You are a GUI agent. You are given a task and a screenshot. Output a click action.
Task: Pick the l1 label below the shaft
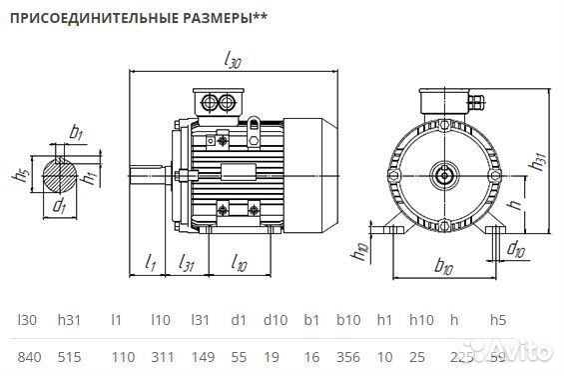click(x=150, y=263)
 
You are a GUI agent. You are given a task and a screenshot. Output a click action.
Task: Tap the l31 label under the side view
click(x=185, y=263)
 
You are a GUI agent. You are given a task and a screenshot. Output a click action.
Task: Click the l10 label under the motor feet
click(x=239, y=263)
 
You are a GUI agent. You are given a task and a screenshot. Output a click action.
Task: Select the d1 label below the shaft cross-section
click(x=61, y=207)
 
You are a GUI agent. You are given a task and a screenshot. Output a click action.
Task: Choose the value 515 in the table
click(x=68, y=355)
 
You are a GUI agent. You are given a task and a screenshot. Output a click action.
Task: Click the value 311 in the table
click(x=161, y=355)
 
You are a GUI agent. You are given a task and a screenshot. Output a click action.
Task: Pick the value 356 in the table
click(x=348, y=355)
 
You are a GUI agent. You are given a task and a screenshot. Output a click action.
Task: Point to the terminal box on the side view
click(x=221, y=103)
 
